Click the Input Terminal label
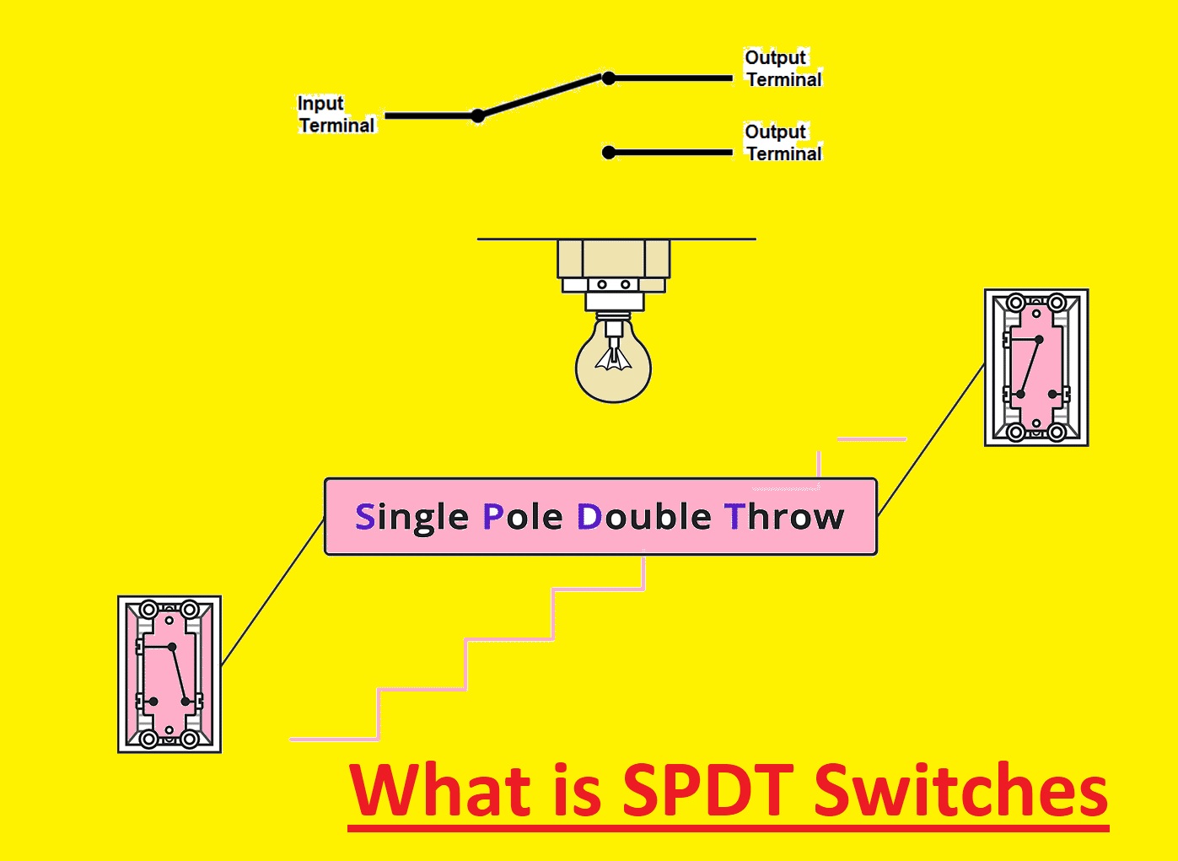pyautogui.click(x=336, y=115)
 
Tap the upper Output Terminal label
pyautogui.click(x=783, y=68)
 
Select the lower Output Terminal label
pyautogui.click(x=783, y=143)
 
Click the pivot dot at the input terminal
pyautogui.click(x=477, y=116)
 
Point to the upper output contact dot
pyautogui.click(x=609, y=78)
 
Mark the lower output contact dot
pyautogui.click(x=609, y=153)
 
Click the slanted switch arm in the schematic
pyautogui.click(x=543, y=97)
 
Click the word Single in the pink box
pyautogui.click(x=411, y=518)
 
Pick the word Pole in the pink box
pyautogui.click(x=523, y=517)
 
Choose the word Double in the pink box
pyautogui.click(x=644, y=516)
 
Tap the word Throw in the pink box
pyautogui.click(x=784, y=516)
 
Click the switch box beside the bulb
pyautogui.click(x=1036, y=367)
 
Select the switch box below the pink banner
pyautogui.click(x=169, y=675)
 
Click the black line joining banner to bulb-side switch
pyautogui.click(x=931, y=439)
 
